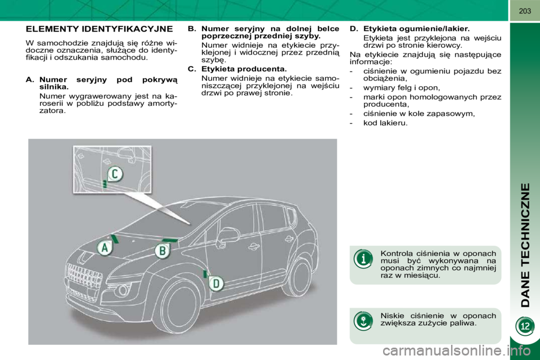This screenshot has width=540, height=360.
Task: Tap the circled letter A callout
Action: coord(103,248)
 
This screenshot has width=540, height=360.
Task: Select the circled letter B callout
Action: coord(163,251)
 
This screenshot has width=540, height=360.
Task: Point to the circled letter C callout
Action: coord(114,174)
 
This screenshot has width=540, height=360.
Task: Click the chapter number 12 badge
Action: coord(524,326)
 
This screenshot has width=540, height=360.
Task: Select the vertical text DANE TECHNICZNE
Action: coord(525,245)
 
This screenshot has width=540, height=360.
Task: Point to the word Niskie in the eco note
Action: coord(392,315)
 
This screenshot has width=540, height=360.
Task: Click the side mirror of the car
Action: coord(227,236)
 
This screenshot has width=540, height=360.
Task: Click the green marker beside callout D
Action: coord(205,274)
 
